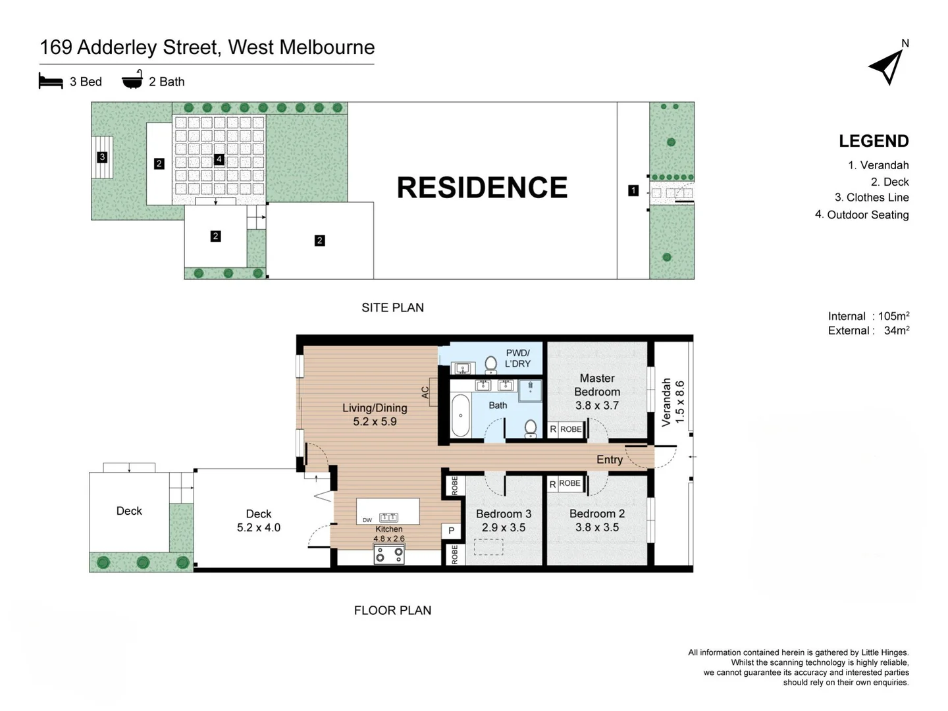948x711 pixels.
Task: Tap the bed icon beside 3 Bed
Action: [x=51, y=81]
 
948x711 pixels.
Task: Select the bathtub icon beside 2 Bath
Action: [x=132, y=80]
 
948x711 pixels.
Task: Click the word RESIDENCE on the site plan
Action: [x=481, y=188]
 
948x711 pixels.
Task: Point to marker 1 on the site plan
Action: [x=633, y=190]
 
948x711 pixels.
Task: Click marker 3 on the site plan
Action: [x=102, y=157]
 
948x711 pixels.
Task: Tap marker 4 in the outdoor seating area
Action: [x=219, y=159]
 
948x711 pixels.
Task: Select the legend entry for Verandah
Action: [x=878, y=165]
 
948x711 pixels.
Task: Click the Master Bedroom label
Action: [x=597, y=384]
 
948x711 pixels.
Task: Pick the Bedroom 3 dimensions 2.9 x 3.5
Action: [x=504, y=527]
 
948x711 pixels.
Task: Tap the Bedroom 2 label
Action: [x=597, y=513]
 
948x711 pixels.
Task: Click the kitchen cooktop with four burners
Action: [x=389, y=555]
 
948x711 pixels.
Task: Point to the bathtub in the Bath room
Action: [x=461, y=415]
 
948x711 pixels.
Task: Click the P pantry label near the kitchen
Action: [x=451, y=531]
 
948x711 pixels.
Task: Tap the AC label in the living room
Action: [x=425, y=392]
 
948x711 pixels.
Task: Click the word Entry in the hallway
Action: [x=609, y=460]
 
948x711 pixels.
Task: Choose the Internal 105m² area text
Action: [x=868, y=316]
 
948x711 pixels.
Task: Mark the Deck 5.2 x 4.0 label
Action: [x=259, y=520]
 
